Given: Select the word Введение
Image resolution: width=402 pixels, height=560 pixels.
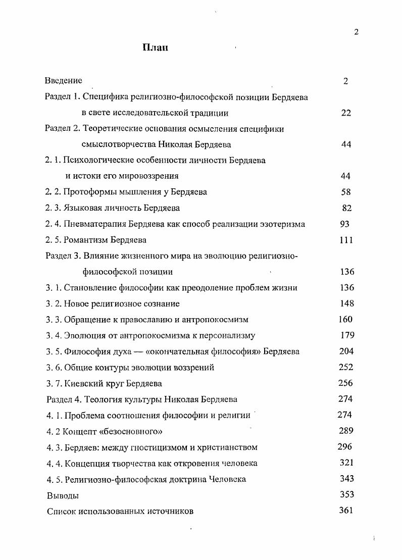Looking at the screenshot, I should pos(63,80).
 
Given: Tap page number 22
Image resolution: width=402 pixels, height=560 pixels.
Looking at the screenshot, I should pos(345,113).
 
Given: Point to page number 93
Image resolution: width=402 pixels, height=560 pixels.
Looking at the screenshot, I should pos(344,224).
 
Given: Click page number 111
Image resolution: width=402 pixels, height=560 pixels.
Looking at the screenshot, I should pos(346,240).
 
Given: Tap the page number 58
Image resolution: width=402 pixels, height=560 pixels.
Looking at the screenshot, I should pos(345,192).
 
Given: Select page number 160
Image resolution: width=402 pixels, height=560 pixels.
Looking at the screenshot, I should pos(345,319).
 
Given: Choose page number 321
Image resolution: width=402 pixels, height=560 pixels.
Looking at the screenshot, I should pos(346,463).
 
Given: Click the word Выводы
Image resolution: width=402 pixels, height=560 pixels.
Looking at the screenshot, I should pos(63,495).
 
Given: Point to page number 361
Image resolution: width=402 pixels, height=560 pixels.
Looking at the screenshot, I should pos(346,510).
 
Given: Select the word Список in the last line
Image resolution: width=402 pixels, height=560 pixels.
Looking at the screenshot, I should pos(61,511).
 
